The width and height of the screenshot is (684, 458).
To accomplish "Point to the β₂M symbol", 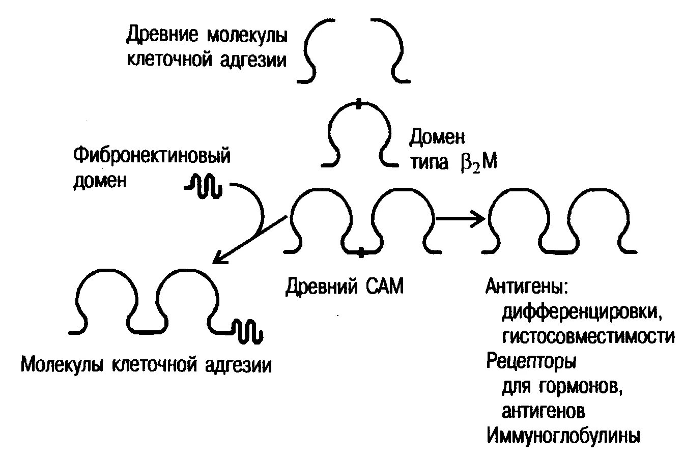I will click(477, 164).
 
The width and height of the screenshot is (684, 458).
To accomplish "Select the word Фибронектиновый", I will click(152, 155).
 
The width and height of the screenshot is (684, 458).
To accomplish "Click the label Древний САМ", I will click(344, 286).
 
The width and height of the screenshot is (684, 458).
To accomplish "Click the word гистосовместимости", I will click(588, 336).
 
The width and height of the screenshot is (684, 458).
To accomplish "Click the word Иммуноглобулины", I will click(563, 436).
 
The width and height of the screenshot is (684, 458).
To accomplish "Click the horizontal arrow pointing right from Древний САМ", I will click(460, 219).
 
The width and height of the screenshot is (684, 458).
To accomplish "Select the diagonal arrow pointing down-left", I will click(249, 239).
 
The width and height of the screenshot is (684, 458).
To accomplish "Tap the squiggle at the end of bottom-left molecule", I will click(247, 331).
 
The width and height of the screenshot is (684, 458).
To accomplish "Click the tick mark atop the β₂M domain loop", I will click(359, 104).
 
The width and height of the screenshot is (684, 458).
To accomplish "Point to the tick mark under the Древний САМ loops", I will click(361, 251).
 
